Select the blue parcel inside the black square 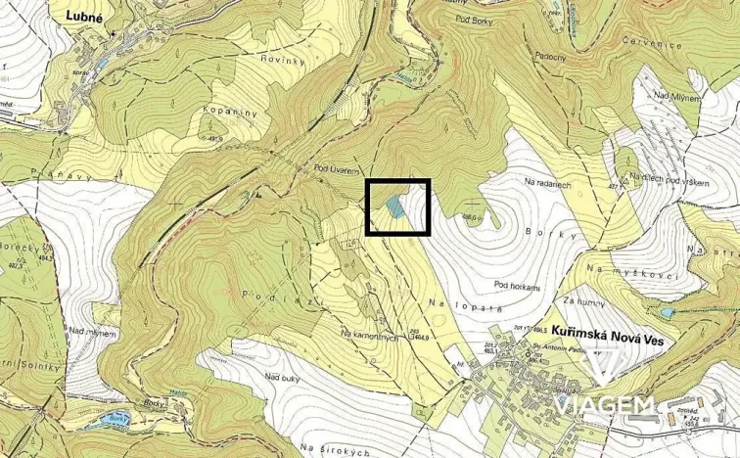coord(393,206)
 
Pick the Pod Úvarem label coord(335,169)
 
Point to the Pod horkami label coord(518,286)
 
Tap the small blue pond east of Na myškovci coord(668,313)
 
